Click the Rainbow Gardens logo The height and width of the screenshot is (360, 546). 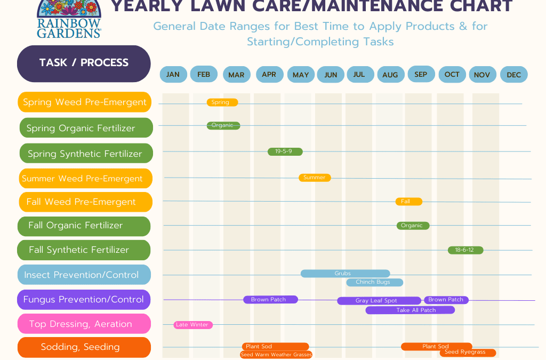[x=69, y=19]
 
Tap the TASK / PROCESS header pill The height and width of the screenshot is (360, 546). [x=84, y=63]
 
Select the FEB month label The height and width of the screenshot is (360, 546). [x=204, y=74]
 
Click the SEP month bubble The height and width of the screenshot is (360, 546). [x=421, y=74]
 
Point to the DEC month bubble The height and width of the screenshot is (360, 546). [x=513, y=75]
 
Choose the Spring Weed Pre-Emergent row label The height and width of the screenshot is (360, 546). [x=84, y=102]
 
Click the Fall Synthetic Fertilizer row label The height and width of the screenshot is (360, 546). [x=84, y=250]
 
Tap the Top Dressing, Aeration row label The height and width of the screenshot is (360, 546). [x=84, y=324]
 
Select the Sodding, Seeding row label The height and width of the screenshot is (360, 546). [x=84, y=347]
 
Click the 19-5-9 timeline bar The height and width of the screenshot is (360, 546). [x=285, y=151]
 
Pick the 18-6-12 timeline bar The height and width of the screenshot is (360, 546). [x=465, y=250]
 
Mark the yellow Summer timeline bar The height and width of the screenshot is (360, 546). [x=315, y=178]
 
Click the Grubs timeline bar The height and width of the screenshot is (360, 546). [x=345, y=274]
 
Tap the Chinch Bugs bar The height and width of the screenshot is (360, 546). [x=375, y=282]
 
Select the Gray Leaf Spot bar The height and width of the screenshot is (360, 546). [x=379, y=300]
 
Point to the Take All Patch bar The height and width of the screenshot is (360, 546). [x=410, y=310]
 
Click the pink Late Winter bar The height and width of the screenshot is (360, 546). [x=193, y=325]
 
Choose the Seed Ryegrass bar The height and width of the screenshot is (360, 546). [x=468, y=353]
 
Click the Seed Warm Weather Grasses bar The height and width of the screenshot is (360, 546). [x=276, y=355]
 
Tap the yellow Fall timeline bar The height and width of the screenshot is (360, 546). [x=409, y=202]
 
